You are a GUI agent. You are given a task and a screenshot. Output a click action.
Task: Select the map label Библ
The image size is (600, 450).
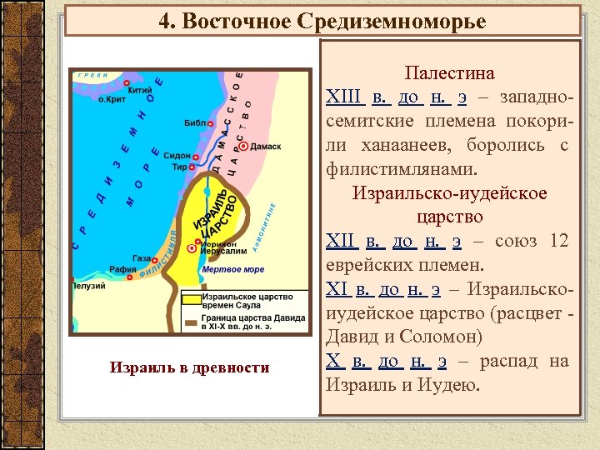point(194,123)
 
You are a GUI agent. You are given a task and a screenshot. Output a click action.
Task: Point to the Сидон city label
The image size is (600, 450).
point(177,156)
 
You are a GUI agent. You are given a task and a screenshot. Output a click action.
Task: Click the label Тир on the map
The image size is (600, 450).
point(179,167)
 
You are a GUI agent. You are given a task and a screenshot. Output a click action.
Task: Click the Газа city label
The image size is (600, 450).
point(141,259)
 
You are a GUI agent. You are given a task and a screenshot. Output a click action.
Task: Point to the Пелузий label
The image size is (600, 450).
point(88,286)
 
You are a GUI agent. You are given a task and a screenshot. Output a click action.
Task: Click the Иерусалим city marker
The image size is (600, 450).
point(192,248)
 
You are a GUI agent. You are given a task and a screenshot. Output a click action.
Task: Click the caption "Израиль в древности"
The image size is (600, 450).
point(189,367)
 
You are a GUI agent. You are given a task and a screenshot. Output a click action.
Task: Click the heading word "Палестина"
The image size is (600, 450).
point(449,73)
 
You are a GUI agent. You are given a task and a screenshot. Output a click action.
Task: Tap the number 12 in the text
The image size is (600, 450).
point(559,242)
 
